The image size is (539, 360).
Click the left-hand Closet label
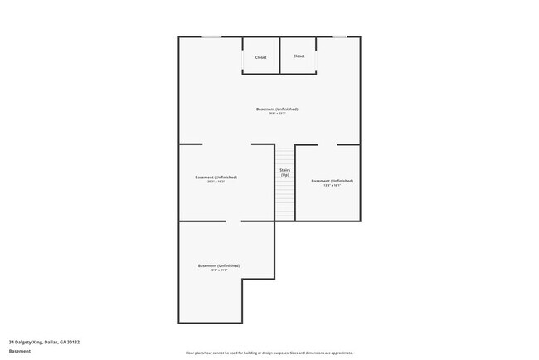pyautogui.click(x=260, y=57)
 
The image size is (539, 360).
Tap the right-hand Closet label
pyautogui.click(x=299, y=56)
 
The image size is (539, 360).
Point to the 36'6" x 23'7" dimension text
pyautogui.click(x=277, y=114)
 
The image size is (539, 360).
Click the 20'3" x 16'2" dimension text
pyautogui.click(x=216, y=182)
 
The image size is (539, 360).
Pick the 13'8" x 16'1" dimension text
pyautogui.click(x=332, y=186)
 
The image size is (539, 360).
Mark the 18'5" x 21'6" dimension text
pyautogui.click(x=219, y=270)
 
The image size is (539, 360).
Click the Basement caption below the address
pyautogui.click(x=19, y=351)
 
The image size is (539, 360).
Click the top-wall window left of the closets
pyautogui.click(x=211, y=36)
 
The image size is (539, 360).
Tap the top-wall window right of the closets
pyautogui.click(x=339, y=36)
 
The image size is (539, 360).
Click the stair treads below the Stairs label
pyautogui.click(x=284, y=199)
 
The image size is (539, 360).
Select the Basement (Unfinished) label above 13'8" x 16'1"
pyautogui.click(x=332, y=180)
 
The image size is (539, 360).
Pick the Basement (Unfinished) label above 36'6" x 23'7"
pyautogui.click(x=277, y=109)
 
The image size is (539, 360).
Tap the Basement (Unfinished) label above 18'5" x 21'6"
pyautogui.click(x=219, y=265)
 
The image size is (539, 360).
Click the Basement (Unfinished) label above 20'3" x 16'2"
pyautogui.click(x=216, y=177)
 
